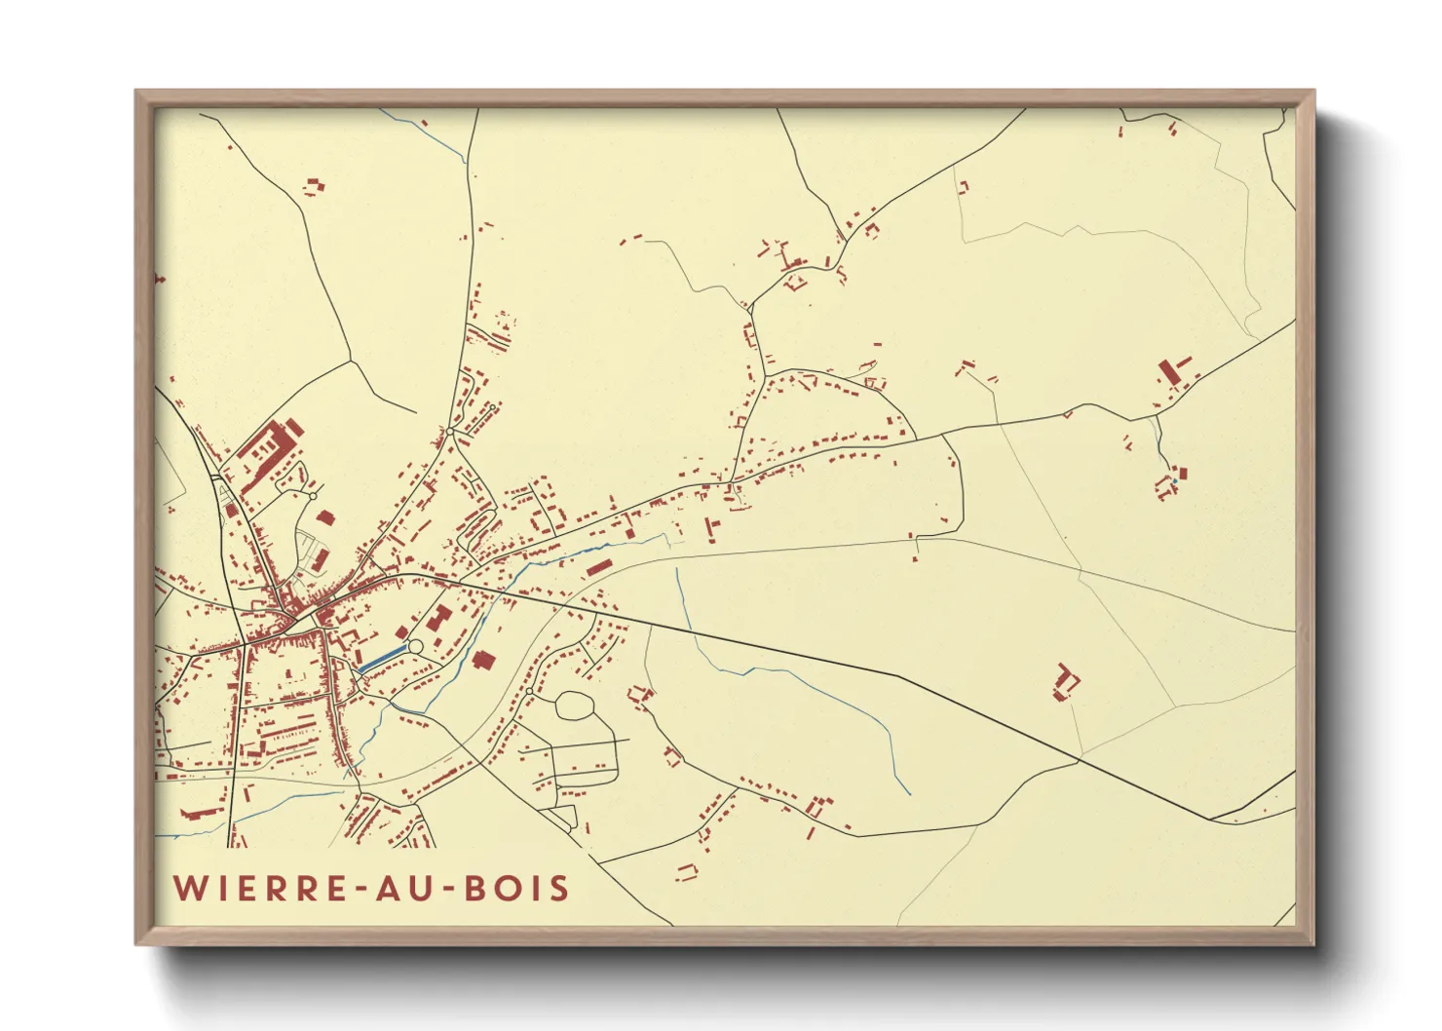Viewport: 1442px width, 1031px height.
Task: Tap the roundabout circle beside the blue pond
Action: click(415, 646)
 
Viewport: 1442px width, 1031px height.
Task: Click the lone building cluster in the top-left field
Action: click(314, 185)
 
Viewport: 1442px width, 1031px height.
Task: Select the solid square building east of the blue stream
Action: click(481, 661)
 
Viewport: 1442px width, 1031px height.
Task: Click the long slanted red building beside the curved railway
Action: click(597, 566)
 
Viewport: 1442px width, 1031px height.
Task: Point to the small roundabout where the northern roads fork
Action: click(450, 431)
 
